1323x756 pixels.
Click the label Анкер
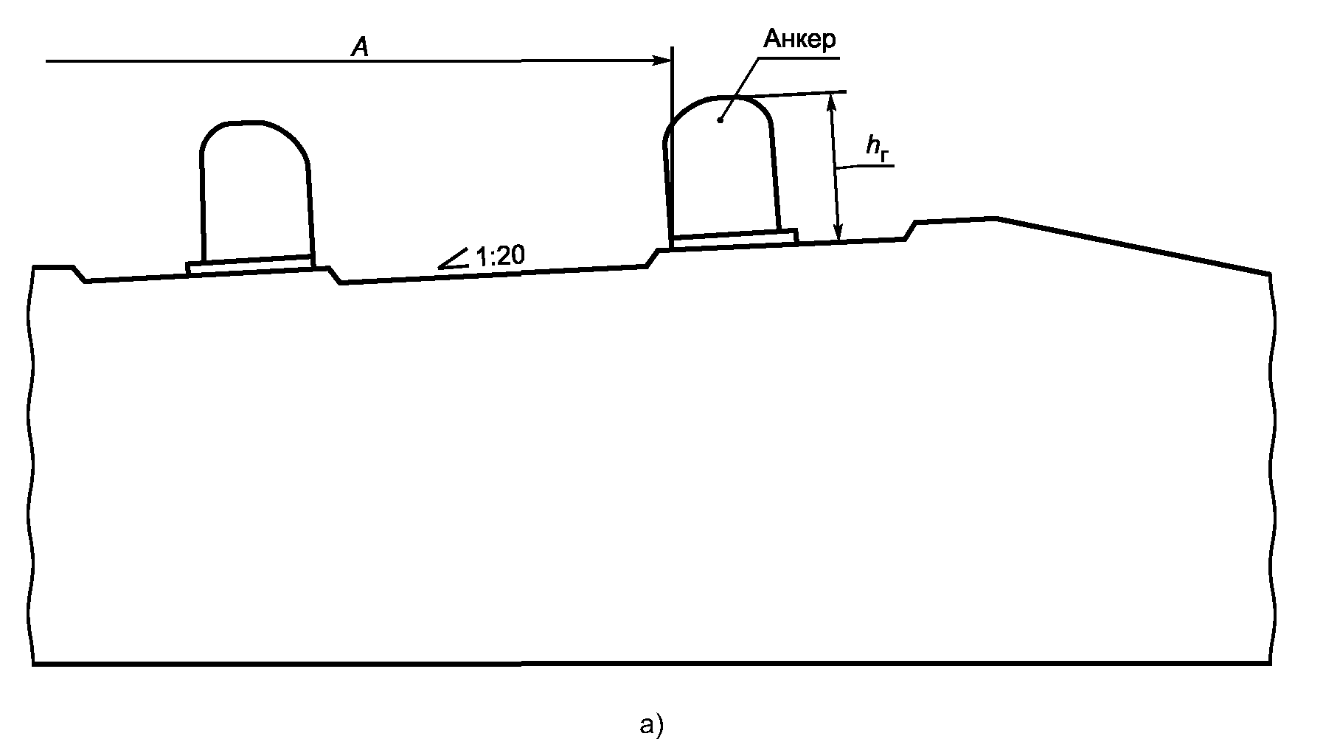coord(799,39)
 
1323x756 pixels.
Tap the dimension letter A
coord(360,48)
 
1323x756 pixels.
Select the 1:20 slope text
coord(500,257)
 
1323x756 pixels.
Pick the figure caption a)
coord(652,724)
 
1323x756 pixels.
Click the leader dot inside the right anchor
coord(720,119)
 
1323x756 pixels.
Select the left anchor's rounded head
coord(254,136)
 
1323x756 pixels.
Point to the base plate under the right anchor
coord(734,239)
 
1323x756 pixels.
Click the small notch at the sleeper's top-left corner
coord(80,274)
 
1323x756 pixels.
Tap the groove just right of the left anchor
coord(334,275)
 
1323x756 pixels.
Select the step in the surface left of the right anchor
coord(652,258)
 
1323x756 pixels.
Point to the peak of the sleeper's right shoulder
coord(997,218)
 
